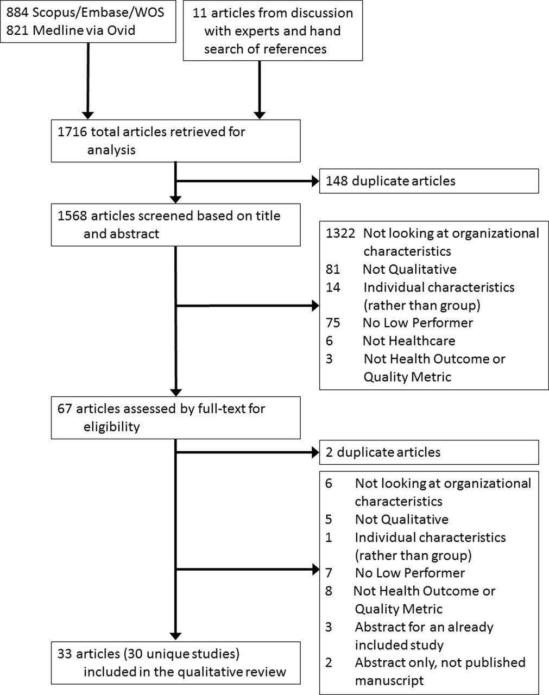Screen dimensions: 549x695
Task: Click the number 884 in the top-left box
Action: click(17, 12)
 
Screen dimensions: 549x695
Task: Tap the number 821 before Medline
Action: click(17, 30)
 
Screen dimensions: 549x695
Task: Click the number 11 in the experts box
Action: click(199, 13)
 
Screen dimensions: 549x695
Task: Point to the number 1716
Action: click(72, 132)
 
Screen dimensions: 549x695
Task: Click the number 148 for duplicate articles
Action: click(337, 181)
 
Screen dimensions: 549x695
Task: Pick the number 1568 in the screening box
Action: click(72, 216)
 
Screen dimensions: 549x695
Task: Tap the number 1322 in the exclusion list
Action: click(340, 233)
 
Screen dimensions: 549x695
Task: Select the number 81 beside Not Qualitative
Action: click(333, 269)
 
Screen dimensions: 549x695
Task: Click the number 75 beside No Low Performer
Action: click(333, 323)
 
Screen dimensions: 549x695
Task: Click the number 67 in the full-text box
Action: click(65, 408)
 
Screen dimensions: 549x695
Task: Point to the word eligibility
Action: click(112, 427)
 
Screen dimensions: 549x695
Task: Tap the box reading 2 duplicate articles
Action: click(429, 452)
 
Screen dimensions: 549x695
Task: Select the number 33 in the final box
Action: click(65, 654)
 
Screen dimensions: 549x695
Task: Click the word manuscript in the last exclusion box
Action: click(389, 680)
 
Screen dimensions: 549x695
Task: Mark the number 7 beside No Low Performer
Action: click(329, 573)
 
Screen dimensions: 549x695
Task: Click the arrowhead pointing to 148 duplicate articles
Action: click(315, 181)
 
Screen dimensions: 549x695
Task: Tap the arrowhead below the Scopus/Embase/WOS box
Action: click(88, 115)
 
